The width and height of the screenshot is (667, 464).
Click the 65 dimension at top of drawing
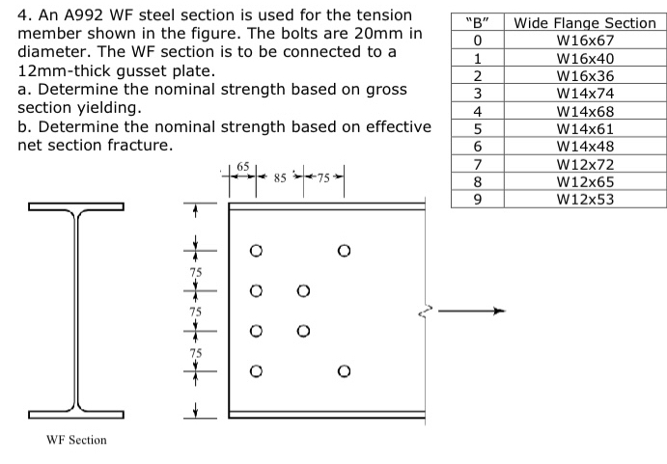tap(243, 166)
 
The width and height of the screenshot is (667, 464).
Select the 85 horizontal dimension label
tap(281, 177)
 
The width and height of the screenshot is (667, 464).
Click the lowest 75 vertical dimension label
tap(196, 353)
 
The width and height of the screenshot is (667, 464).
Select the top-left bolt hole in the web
tap(256, 252)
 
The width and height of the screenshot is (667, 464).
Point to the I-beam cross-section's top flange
tap(76, 206)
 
